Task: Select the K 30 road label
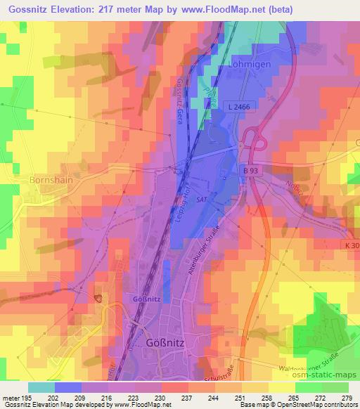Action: coord(352,244)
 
